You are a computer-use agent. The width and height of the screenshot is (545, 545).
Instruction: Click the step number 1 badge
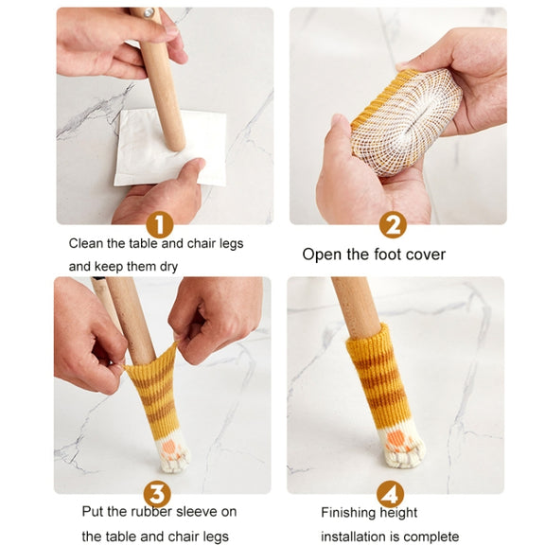160,225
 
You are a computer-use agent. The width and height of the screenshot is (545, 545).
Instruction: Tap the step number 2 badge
393,225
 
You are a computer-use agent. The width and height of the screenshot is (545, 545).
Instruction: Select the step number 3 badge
157,494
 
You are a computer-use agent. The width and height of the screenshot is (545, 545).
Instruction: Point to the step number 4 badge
391,494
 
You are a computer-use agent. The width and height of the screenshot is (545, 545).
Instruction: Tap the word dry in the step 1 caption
168,267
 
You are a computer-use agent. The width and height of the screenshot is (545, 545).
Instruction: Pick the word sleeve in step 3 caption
197,512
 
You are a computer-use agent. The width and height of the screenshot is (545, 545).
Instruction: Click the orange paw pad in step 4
396,439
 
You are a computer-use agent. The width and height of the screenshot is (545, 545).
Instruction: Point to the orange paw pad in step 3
170,447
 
